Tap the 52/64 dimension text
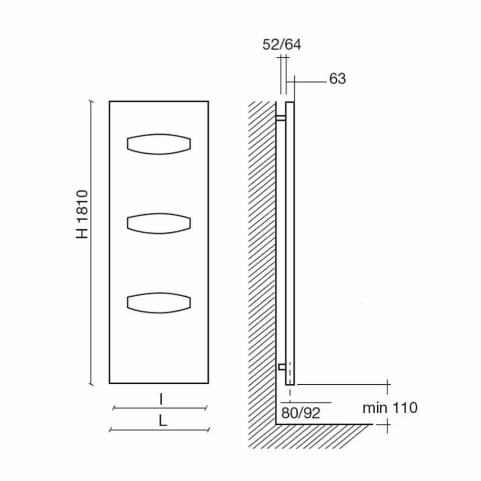tap(282, 45)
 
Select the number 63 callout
tap(337, 78)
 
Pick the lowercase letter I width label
tap(161, 399)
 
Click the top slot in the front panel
tap(158, 143)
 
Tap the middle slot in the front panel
tap(158, 223)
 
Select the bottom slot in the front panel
tap(158, 302)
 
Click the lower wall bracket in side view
tap(281, 366)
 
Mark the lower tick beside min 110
tap(388, 425)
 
